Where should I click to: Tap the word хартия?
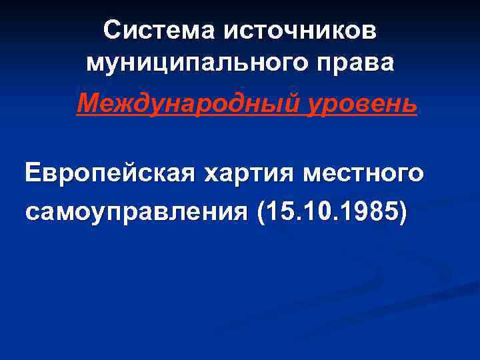(249, 175)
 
